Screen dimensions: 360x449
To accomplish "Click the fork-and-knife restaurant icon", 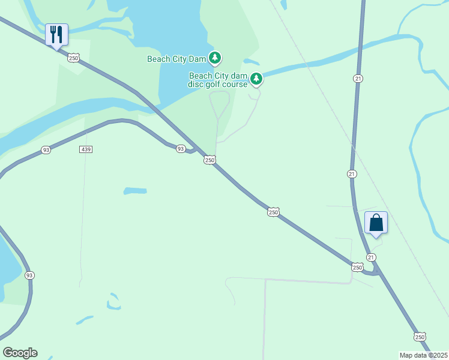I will (56, 34).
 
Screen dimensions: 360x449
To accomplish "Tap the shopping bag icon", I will (376, 223).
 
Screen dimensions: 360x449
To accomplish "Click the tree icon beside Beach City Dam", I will (215, 58).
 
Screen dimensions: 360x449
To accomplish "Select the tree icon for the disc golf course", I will (256, 79).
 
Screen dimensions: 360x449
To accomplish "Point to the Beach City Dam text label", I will (176, 59).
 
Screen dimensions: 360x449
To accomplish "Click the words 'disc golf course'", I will (218, 84).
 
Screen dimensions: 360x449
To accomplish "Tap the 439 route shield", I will (85, 149).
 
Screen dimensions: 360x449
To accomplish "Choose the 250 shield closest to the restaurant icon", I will (73, 58).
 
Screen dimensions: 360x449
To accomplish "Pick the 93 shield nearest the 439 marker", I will (46, 150).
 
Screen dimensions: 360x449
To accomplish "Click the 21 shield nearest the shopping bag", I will (372, 257).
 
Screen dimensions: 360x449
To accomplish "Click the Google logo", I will (20, 353).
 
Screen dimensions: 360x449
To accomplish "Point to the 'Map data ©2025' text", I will (423, 355).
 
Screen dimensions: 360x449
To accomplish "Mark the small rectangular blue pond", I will (135, 191).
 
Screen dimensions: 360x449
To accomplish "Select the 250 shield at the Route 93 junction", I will (209, 160).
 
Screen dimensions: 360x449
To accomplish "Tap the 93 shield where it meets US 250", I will (180, 148).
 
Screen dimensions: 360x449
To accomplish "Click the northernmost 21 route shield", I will (358, 79).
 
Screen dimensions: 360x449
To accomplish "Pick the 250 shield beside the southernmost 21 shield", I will (357, 267).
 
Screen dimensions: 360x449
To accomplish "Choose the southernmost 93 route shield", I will (29, 275).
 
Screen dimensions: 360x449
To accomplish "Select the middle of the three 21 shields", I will (352, 173).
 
